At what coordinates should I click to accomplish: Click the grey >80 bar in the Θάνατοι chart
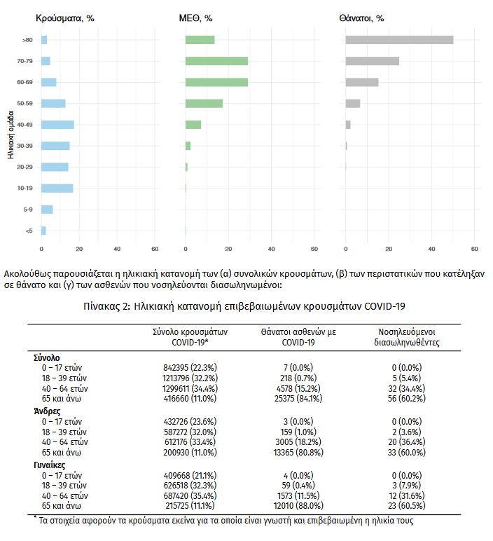399,40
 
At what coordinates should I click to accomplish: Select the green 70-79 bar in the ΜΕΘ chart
216,61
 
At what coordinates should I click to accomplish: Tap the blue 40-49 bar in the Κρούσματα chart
57,125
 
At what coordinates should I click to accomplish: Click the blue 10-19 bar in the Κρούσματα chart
57,188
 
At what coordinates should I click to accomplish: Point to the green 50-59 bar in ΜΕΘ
204,104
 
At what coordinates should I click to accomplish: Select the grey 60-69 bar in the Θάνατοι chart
362,82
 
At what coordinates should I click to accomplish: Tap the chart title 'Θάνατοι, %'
364,18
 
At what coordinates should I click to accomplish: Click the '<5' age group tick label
28,231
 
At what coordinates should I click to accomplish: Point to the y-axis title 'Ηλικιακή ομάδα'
11,133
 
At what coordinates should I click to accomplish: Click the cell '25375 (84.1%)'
290,397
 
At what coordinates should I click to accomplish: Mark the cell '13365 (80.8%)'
290,452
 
